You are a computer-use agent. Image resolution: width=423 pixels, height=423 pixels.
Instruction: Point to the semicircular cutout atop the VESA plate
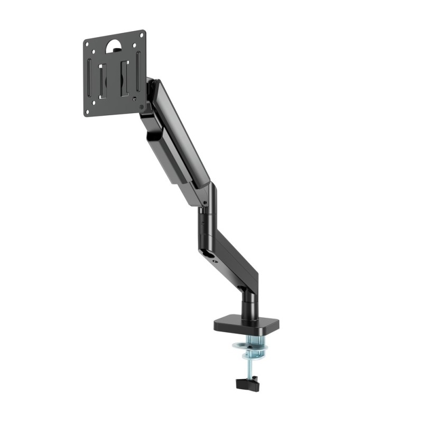(114, 45)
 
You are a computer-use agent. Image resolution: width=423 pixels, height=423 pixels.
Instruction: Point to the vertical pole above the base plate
(248, 301)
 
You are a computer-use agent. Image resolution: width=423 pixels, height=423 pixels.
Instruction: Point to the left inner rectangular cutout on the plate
(104, 79)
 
